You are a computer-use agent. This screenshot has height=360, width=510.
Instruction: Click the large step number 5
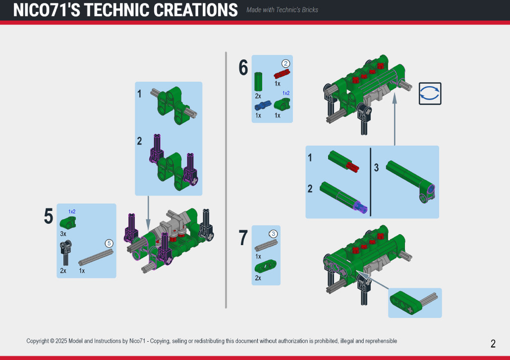point(49,216)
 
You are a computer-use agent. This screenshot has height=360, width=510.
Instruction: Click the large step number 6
point(243,67)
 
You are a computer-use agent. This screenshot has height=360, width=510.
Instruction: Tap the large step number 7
point(243,238)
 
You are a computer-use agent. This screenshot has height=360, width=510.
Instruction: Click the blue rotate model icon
point(430,94)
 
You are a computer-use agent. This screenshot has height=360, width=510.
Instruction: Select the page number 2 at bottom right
point(493,344)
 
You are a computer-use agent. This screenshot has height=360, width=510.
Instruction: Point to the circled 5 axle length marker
point(109,243)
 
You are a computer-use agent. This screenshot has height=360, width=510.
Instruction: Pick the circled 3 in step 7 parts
point(273,234)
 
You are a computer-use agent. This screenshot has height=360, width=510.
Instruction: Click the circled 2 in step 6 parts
point(285,63)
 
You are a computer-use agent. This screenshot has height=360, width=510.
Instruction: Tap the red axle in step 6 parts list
point(282,74)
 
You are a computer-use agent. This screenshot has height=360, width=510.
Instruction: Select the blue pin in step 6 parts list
point(263,105)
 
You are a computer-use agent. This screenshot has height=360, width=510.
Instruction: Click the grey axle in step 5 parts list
point(96,257)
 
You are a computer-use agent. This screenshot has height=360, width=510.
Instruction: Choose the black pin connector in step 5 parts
point(66,253)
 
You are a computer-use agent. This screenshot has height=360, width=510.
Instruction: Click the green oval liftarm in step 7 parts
point(266,266)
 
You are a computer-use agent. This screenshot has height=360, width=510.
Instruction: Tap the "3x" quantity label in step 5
point(63,234)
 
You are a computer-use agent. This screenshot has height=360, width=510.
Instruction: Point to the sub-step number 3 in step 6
point(376,168)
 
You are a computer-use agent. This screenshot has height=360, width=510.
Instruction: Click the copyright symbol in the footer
point(52,341)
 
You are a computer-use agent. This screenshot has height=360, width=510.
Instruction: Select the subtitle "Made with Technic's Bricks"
point(282,10)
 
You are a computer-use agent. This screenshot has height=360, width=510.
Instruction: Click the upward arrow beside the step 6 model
point(395,119)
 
